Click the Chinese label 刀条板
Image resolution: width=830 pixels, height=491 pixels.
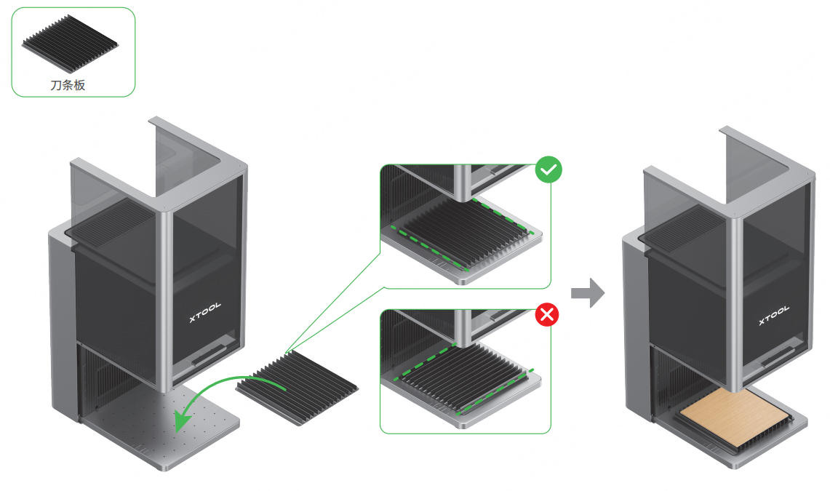coord(68,85)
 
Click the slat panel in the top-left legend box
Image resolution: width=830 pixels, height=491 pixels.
coord(70,44)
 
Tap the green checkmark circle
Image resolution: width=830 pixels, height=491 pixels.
coord(548,169)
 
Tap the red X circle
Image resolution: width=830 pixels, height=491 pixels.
coord(547,315)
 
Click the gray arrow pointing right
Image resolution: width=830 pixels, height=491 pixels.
coord(588,292)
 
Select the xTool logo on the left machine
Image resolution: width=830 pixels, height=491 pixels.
coord(205,312)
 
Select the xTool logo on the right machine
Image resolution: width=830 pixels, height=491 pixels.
coord(774,314)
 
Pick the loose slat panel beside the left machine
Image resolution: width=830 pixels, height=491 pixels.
coord(297,387)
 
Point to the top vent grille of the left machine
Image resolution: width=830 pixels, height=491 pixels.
coord(114,220)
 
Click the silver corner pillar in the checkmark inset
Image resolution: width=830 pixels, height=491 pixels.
coord(463,183)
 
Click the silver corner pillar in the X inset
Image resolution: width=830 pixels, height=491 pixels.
coord(463,328)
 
